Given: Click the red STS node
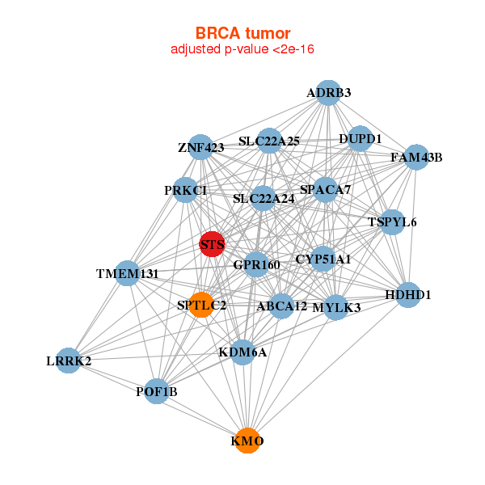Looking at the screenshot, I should coord(212,243).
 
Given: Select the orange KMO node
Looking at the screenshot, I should coord(247,441).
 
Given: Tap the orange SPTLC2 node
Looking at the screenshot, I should coord(201,305).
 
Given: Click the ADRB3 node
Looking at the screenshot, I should coord(328,93).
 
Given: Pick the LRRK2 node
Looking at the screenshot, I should coord(69,361).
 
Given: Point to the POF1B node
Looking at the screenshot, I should coord(157,391).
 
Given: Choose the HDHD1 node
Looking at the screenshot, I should coord(408,295).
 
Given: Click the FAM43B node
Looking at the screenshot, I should coord(416,157).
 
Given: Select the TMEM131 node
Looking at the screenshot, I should coord(126,273).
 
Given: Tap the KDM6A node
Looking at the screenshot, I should coord(242,352).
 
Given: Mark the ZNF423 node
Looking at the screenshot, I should coord(200,147).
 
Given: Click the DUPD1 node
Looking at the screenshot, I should coord(360,139).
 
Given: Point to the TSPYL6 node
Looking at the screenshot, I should coord(392,222).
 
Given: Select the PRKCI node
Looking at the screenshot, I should coord(186,190).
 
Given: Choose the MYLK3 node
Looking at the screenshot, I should coord(336,307).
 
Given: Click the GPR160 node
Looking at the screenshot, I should coord(256,264).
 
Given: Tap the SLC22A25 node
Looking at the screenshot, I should coord(269,141).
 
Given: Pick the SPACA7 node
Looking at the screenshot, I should coord(325,190).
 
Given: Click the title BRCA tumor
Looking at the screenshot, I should coord(242,33).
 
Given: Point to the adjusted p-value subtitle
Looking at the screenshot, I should coord(242,49).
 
